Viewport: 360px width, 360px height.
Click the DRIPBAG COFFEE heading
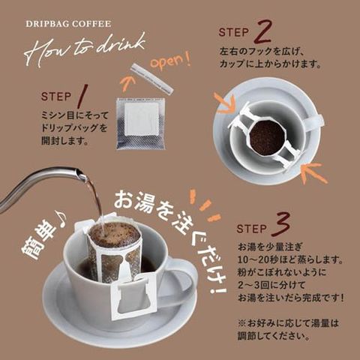coord(68,24)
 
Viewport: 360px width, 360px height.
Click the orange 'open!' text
coord(170,61)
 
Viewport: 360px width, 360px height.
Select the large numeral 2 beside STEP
coord(262,31)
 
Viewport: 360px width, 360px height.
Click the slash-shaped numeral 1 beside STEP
coord(82,95)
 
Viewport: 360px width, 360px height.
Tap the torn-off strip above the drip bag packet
coord(151,78)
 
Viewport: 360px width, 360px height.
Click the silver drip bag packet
coord(141,123)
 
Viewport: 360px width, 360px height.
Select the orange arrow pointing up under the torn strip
coord(127,83)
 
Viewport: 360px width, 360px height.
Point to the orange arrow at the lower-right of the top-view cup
coord(313,172)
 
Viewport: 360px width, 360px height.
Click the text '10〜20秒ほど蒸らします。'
coord(290,259)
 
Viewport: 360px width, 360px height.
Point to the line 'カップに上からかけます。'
coord(270,64)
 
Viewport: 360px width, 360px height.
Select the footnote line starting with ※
coord(288,323)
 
